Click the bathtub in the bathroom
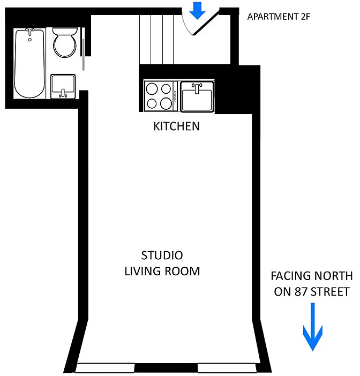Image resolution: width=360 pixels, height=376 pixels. point(30,63)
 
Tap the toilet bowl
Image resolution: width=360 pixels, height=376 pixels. point(65,43)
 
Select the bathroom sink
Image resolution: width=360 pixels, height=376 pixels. point(63,86)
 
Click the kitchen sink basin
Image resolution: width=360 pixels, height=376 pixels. point(197,96)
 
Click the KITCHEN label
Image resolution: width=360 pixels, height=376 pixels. point(177,126)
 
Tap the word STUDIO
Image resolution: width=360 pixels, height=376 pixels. point(162,255)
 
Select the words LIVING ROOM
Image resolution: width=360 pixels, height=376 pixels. point(162,271)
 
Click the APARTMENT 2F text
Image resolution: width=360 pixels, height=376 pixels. point(279,17)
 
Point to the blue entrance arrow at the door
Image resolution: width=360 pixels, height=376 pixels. point(197,11)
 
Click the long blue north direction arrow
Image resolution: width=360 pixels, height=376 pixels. point(313,327)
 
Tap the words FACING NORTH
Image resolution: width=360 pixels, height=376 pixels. point(312,276)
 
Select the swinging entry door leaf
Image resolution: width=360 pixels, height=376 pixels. point(206,23)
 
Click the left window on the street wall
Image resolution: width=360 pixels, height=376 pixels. point(105,368)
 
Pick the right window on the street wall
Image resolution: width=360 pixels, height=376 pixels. point(227,368)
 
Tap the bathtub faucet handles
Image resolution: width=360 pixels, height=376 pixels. point(30,31)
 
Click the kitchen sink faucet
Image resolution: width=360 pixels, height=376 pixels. point(197,88)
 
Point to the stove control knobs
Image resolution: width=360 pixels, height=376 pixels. point(175,96)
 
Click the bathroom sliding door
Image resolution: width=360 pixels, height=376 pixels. point(83,49)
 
